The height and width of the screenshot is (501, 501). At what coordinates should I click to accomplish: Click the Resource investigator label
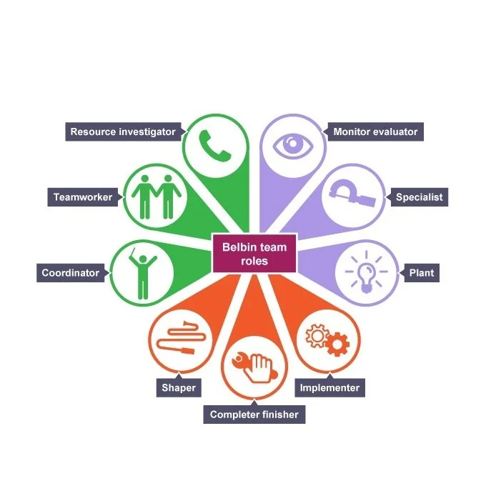pos(122,132)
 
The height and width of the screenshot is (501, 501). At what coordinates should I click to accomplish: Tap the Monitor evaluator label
pos(375,132)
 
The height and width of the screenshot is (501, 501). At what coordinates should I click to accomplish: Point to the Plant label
pos(421,272)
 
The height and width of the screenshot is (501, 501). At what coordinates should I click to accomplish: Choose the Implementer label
pos(330,388)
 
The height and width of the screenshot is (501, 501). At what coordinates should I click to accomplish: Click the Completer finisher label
pos(254,415)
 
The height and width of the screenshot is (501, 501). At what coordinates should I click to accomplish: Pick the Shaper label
pos(178,388)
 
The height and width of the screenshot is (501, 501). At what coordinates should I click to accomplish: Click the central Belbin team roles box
pos(254,254)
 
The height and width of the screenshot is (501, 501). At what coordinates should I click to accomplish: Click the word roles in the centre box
pos(254,262)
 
